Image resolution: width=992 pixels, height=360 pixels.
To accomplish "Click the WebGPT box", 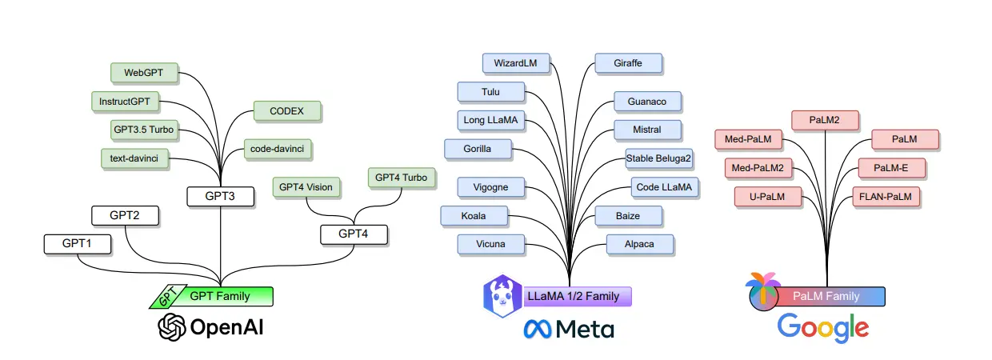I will [x=144, y=73].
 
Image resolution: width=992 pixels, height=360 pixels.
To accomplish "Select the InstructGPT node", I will [x=125, y=102].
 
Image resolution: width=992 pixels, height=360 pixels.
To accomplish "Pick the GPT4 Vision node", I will [x=306, y=187].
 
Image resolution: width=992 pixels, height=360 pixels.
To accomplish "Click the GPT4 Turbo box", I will [x=401, y=178].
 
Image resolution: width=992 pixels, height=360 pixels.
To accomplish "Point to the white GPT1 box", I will [x=77, y=244].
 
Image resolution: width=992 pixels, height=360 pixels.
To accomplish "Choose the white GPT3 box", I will [x=220, y=195].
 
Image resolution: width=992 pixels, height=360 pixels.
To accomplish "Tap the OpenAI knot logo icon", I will [x=171, y=326].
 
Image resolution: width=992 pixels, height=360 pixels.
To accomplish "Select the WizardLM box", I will [x=515, y=62].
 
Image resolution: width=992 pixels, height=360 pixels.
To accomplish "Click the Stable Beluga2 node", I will [x=659, y=158].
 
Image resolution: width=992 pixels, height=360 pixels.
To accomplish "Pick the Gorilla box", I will [x=477, y=149].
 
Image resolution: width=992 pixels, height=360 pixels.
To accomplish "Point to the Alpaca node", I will [x=639, y=244].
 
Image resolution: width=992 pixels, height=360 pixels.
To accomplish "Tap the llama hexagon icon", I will [x=502, y=295].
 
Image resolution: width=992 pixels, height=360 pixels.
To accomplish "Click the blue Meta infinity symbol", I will [x=538, y=328].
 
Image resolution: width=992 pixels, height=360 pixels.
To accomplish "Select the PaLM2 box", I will [x=826, y=120].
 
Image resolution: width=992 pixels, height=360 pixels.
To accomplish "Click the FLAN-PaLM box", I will [x=885, y=196].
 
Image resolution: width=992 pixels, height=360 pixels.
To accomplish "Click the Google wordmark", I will [x=822, y=327].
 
